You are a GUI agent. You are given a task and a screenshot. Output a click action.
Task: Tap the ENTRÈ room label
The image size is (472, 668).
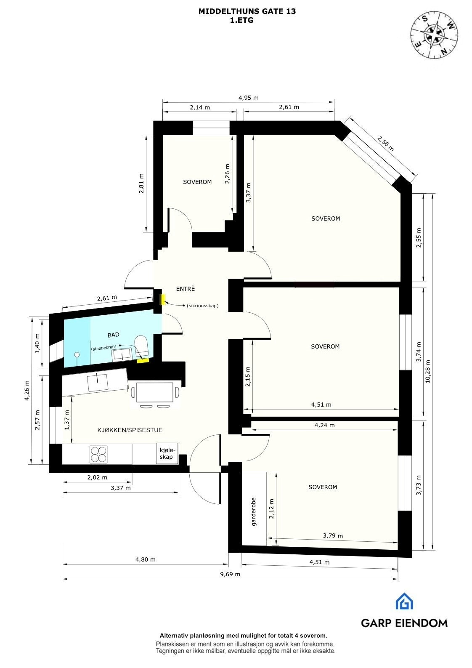pyautogui.click(x=185, y=289)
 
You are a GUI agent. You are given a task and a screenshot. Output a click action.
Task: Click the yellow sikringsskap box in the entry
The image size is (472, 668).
pyautogui.click(x=163, y=299)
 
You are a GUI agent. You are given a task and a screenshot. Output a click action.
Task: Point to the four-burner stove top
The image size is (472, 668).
pyautogui.click(x=98, y=454)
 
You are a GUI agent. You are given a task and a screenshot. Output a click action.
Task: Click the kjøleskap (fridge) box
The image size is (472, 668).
pyautogui.click(x=166, y=453)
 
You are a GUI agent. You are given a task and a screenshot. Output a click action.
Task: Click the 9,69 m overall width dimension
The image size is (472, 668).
pyautogui.click(x=231, y=574)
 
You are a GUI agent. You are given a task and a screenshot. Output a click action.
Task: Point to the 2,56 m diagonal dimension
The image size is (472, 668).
pyautogui.click(x=385, y=144)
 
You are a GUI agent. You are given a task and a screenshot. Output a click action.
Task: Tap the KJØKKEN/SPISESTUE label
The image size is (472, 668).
pyautogui.click(x=130, y=430)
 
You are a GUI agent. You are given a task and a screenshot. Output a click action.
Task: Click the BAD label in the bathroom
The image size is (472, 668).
pyautogui.click(x=113, y=335)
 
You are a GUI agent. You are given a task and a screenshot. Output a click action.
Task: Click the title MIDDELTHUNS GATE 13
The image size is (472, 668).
pyautogui.click(x=247, y=11)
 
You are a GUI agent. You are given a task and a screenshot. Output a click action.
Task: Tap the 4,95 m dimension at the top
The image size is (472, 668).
pyautogui.click(x=248, y=98)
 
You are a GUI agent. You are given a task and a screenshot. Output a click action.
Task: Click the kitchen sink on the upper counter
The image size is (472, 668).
pyautogui.click(x=97, y=383)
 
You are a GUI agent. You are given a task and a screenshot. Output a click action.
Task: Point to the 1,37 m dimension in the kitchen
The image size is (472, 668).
pyautogui.click(x=66, y=420)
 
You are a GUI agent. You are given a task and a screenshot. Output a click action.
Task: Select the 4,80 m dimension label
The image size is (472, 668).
pyautogui.click(x=145, y=559)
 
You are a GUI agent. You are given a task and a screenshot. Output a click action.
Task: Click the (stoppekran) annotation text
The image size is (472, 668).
pyautogui.click(x=103, y=349)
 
